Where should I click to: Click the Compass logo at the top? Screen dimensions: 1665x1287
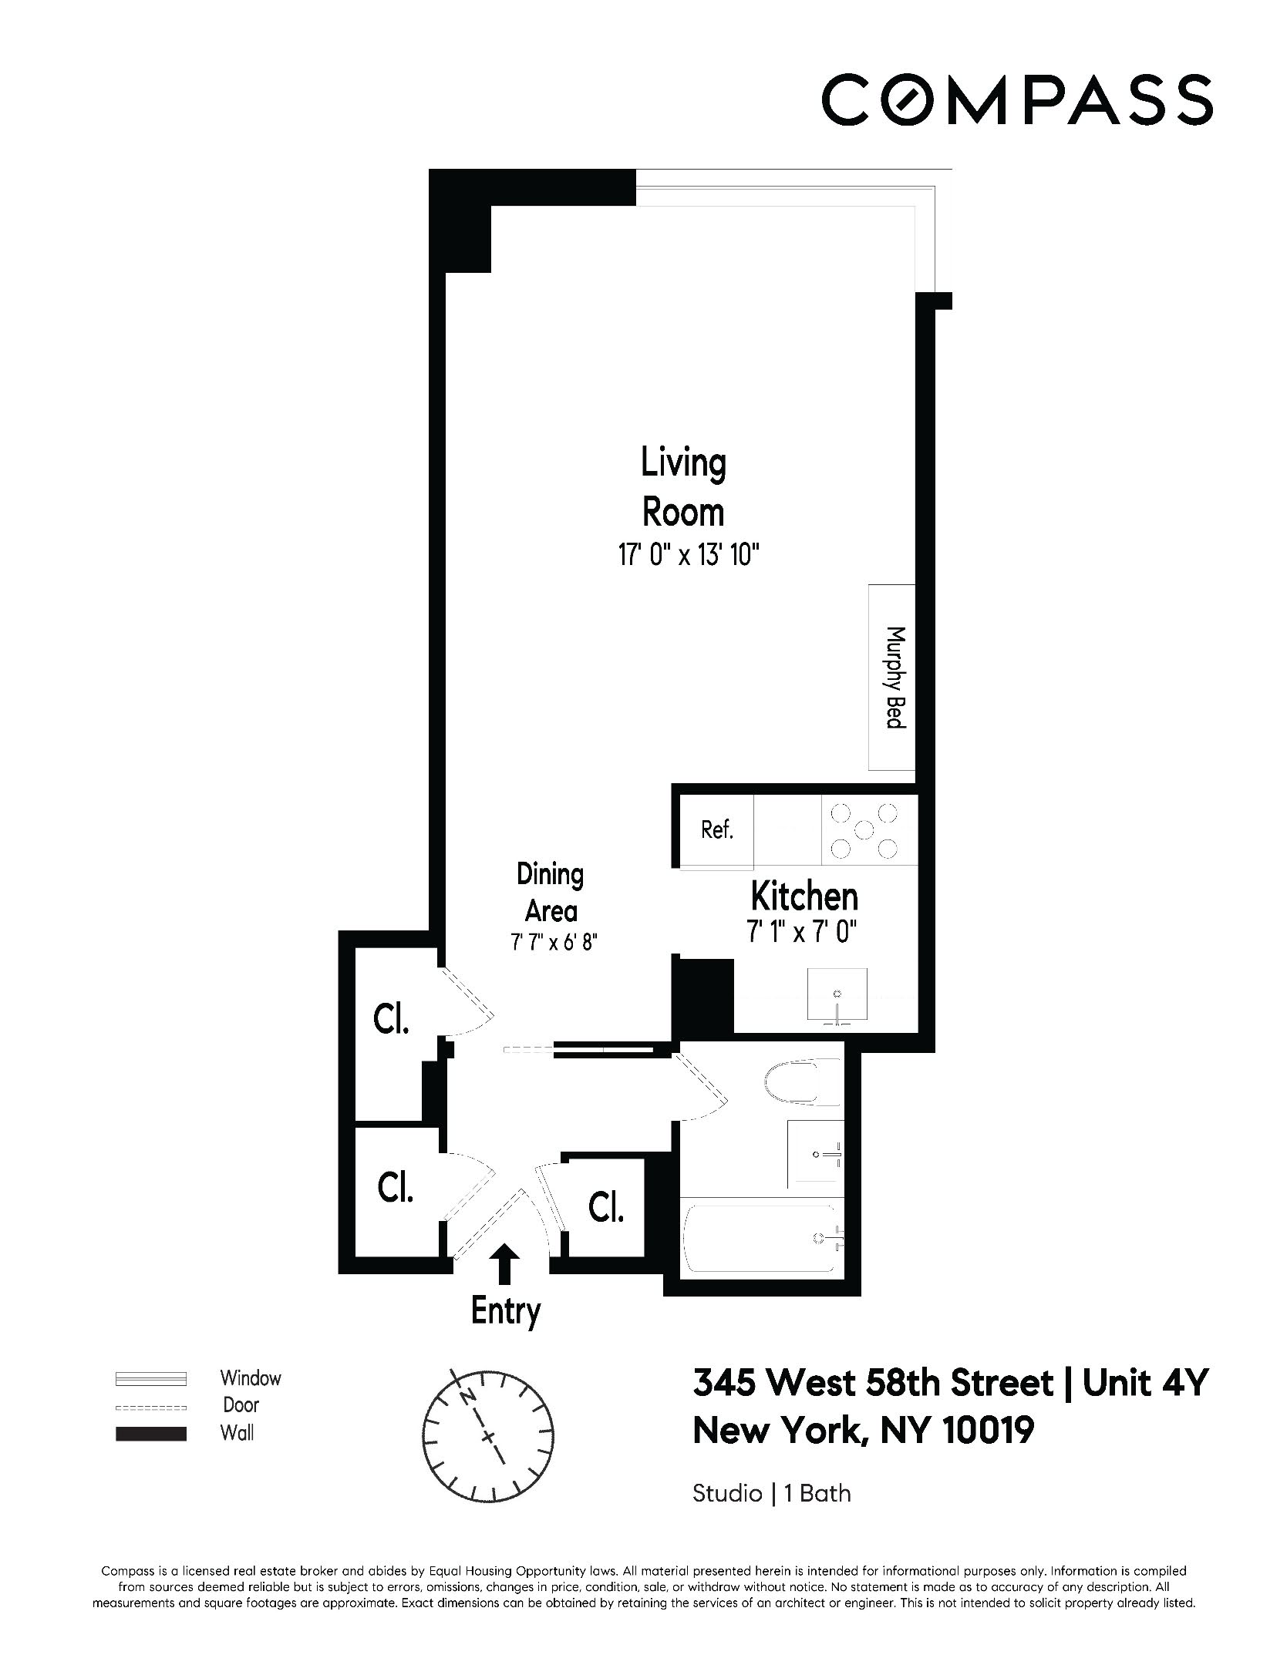click(1016, 99)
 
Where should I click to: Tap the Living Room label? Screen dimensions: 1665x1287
click(683, 487)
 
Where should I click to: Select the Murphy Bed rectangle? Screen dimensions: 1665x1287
click(892, 677)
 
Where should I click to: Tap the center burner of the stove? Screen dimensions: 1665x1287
click(864, 830)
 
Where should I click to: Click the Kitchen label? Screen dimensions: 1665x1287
click(804, 896)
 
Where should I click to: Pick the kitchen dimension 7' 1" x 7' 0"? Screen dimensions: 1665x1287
click(802, 933)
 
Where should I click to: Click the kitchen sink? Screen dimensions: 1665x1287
click(837, 995)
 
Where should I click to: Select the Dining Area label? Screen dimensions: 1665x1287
click(551, 893)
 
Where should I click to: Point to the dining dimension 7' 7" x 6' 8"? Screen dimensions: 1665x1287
click(550, 942)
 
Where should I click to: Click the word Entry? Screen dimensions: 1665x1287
click(506, 1312)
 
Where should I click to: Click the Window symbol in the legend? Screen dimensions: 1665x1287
click(151, 1378)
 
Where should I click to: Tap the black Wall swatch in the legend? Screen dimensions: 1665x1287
click(151, 1434)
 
